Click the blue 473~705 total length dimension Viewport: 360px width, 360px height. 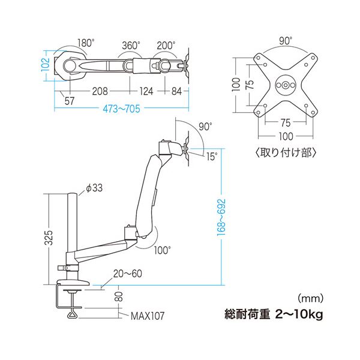(x=121, y=109)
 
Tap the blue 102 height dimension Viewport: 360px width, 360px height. (x=46, y=65)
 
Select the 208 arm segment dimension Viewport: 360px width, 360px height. (x=100, y=91)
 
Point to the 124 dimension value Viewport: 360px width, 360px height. (x=146, y=91)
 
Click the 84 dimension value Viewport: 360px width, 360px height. (x=176, y=91)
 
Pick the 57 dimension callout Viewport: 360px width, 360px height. (x=70, y=101)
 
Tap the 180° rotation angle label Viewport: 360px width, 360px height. (x=86, y=43)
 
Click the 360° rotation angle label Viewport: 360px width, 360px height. (x=131, y=46)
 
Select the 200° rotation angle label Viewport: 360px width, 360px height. (x=166, y=46)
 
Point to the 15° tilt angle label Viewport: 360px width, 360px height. (x=211, y=157)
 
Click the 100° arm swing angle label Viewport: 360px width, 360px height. (x=163, y=250)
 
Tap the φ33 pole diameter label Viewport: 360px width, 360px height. (x=94, y=188)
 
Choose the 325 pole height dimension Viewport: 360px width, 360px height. (x=49, y=237)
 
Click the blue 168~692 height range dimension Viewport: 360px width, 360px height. (x=221, y=217)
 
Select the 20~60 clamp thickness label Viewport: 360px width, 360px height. (x=128, y=274)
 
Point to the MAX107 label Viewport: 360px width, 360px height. (x=148, y=316)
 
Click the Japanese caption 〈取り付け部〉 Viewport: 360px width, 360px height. (x=286, y=152)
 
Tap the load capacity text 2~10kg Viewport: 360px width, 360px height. (x=299, y=314)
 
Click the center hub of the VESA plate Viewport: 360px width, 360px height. (x=286, y=85)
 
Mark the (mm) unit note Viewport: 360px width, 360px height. (x=310, y=298)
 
